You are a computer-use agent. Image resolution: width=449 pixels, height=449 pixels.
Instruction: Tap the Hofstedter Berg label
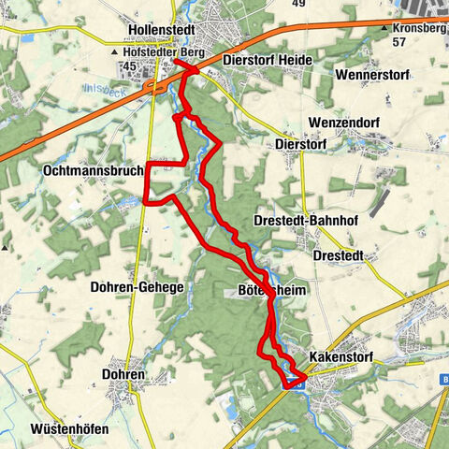click(174, 52)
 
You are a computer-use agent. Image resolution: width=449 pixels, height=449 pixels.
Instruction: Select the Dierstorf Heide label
click(268, 59)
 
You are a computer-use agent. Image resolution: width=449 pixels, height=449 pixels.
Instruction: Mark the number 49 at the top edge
click(299, 4)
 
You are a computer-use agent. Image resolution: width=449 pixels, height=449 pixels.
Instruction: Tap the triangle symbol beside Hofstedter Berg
click(128, 52)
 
